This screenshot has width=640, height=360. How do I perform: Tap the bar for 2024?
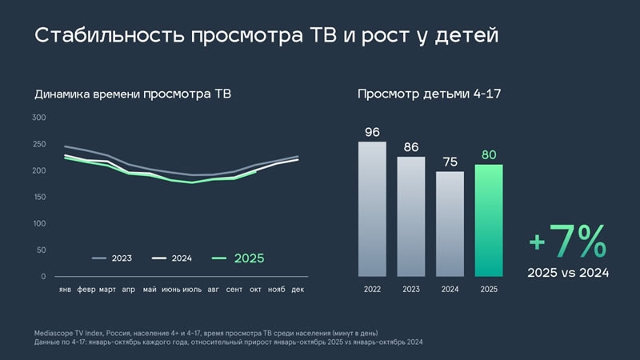coord(450,224)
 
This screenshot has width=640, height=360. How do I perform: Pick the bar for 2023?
coord(411,216)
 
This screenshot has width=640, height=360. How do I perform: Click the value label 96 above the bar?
coord(372,132)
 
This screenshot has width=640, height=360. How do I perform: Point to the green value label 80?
coord(489,154)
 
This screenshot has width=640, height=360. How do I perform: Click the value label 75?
coord(450,162)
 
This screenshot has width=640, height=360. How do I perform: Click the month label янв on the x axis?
coord(65,289)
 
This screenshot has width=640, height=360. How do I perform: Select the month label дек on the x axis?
coord(298,289)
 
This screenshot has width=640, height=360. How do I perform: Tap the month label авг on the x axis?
coord(213,289)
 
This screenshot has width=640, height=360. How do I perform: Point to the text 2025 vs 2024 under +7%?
coord(568,273)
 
